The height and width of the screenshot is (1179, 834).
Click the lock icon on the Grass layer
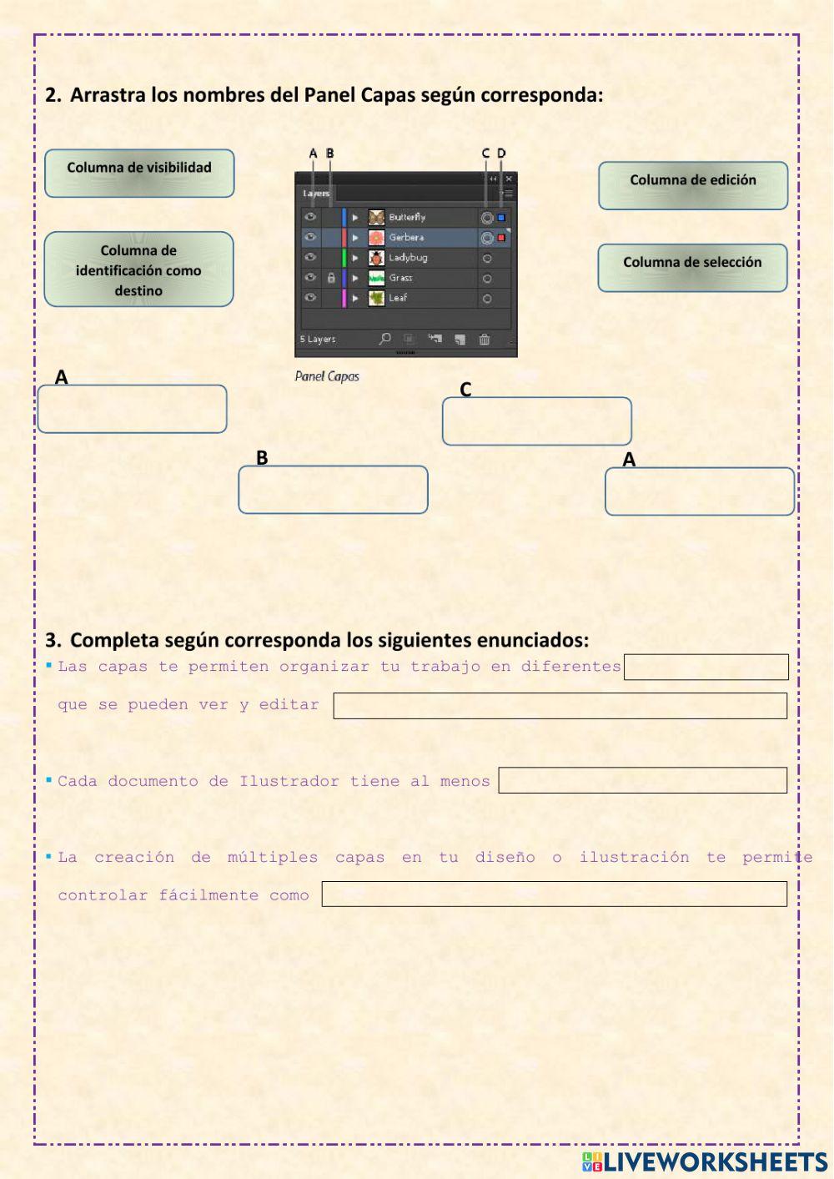331,278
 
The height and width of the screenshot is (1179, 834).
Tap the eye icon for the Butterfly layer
310,217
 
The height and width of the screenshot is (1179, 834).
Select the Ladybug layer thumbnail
377,258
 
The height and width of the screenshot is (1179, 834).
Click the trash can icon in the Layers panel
485,339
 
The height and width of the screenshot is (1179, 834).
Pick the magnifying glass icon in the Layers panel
384,339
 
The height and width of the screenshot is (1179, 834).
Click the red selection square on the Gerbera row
501,238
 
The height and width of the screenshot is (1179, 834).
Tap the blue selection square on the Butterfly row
501,218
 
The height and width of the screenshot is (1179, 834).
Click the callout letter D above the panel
501,154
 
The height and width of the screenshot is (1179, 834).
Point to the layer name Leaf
398,298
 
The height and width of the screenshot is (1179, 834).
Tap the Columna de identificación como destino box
138,270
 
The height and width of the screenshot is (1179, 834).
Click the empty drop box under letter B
333,490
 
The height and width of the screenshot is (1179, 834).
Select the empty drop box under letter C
536,421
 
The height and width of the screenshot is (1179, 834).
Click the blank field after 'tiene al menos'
642,780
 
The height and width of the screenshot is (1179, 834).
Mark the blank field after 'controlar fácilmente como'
554,894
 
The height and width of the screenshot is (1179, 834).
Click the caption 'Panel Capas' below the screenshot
327,376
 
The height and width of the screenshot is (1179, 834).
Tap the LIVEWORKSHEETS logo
704,1161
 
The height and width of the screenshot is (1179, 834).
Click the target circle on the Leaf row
487,299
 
